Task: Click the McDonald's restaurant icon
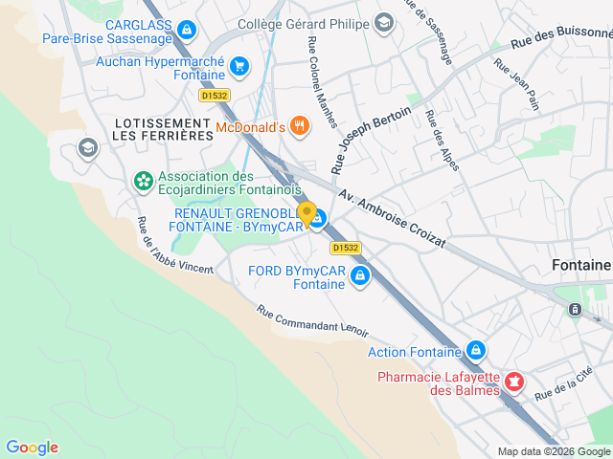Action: click(x=300, y=126)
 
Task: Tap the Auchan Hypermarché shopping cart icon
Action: click(x=239, y=67)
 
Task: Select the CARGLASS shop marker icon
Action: click(x=186, y=30)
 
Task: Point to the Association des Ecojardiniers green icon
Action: click(x=144, y=180)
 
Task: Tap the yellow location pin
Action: click(x=306, y=213)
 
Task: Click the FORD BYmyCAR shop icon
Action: click(x=360, y=277)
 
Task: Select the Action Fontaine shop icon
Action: click(x=475, y=351)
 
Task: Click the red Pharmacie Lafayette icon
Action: click(x=514, y=382)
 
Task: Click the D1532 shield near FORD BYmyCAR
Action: click(x=346, y=247)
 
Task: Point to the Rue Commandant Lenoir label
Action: click(x=312, y=320)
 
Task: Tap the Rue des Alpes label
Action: click(x=442, y=141)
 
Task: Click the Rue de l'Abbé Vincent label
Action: click(x=174, y=247)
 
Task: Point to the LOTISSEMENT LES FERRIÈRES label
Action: click(x=162, y=130)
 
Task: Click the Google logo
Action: click(x=32, y=448)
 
